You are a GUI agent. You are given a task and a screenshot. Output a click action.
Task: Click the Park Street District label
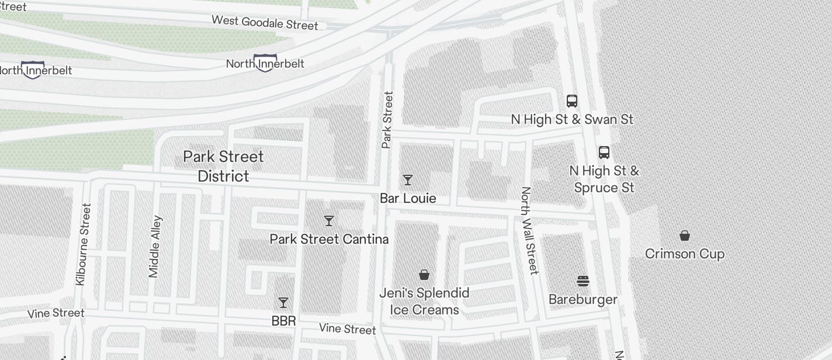[224, 166]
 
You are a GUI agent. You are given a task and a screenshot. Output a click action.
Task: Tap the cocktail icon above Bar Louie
[408, 180]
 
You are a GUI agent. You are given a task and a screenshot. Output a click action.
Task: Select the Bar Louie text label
[408, 198]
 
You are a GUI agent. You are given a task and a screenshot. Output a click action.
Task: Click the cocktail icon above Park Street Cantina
[329, 221]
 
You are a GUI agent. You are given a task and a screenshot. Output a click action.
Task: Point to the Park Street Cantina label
[329, 239]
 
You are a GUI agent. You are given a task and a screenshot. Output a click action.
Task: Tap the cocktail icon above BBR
[283, 303]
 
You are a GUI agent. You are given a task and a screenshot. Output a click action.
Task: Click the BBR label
[283, 321]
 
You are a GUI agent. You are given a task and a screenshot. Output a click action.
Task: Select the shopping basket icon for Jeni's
[424, 275]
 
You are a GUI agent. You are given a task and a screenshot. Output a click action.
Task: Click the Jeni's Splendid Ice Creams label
[424, 301]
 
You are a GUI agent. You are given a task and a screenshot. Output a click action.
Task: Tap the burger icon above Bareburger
[583, 281]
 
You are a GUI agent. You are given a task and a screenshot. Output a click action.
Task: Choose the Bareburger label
[583, 300]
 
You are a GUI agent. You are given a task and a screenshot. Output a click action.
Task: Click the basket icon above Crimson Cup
[685, 236]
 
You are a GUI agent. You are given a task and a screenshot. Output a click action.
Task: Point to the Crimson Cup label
[685, 254]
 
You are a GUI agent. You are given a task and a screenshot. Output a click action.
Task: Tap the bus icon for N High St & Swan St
[572, 101]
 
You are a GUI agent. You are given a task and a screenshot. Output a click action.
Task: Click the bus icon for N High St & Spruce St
[604, 153]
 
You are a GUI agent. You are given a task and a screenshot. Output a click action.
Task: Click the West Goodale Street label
[265, 23]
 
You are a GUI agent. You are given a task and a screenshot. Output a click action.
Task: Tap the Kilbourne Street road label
[84, 244]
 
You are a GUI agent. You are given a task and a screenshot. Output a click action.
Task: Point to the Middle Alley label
[155, 246]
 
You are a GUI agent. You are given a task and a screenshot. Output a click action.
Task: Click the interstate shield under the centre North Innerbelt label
[265, 63]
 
